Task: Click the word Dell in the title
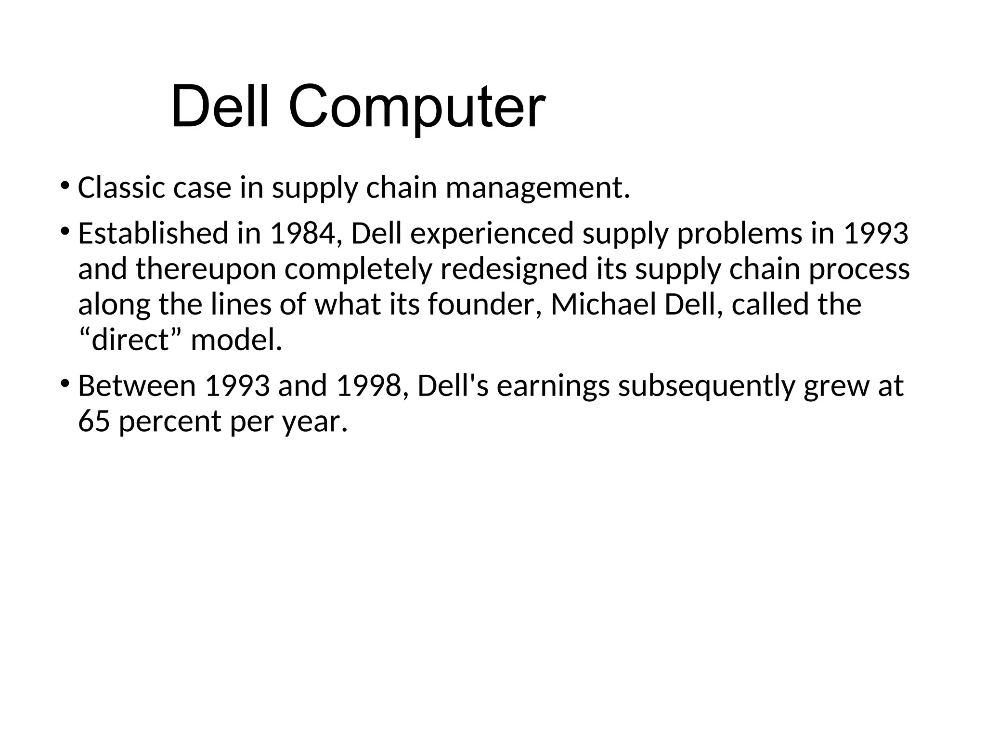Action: (x=219, y=106)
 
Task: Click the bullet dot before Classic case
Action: (x=65, y=185)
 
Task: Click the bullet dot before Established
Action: (x=65, y=231)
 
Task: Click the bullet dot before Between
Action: (x=65, y=384)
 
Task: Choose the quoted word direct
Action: (x=130, y=340)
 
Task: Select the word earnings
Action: (x=553, y=387)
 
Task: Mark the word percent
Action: (x=170, y=422)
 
